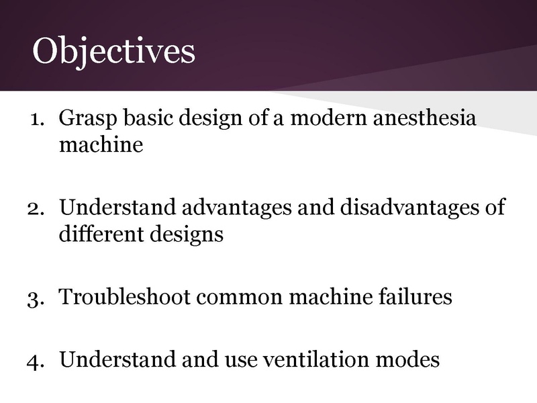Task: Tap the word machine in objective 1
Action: tap(101, 144)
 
